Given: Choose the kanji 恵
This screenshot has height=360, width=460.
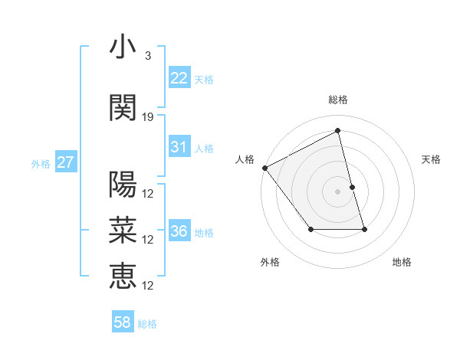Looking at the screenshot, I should pos(123,275).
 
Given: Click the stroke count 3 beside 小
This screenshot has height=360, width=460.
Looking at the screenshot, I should pos(147,56).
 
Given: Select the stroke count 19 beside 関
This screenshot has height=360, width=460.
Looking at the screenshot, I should pos(148,116).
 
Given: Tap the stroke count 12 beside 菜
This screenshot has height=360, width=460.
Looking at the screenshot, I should pos(149,239).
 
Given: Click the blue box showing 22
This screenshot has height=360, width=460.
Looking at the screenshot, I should pos(179,77).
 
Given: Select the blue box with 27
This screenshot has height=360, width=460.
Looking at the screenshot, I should pos(65,162).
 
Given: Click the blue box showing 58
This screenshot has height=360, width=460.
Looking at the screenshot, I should pos(122,322).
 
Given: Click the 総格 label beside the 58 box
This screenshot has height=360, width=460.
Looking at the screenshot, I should pos(147,324).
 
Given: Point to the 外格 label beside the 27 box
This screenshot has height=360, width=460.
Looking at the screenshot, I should pos(41,163).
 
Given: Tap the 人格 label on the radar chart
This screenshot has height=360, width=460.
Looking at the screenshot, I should pos(245,159).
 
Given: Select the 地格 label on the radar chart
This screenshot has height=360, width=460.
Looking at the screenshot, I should pos(402,262).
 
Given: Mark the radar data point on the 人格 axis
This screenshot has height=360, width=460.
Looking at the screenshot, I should pos(264,168).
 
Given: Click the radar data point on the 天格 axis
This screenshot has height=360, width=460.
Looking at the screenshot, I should pos(352,187).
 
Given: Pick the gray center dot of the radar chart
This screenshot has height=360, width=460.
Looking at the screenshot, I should pos(337,191).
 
